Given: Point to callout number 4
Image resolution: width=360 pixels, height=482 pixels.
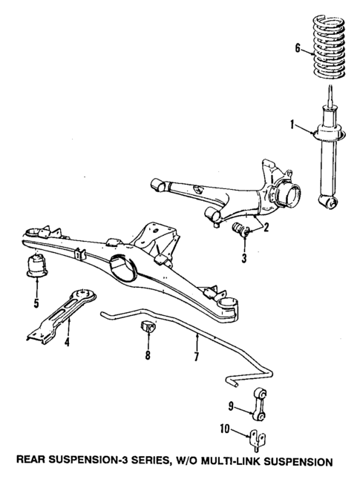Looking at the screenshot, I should [x=68, y=343].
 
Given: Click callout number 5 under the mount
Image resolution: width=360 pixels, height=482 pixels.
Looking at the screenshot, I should [x=36, y=303].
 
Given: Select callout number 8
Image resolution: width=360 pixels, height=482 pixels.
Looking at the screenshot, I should [x=148, y=355].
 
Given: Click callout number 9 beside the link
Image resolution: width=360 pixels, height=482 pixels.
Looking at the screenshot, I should [x=232, y=405].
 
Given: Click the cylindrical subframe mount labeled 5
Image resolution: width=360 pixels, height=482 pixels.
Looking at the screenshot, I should [x=36, y=268].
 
